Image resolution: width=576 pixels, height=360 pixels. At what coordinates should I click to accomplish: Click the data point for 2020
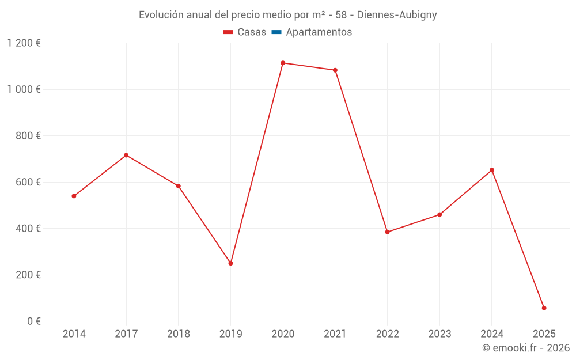283,63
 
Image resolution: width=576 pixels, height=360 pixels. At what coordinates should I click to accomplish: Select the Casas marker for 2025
544,308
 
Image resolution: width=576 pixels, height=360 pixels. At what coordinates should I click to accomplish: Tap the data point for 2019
230,263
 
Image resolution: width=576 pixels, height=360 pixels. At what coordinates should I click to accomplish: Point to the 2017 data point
126,156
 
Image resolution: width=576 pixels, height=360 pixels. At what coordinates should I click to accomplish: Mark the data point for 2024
492,170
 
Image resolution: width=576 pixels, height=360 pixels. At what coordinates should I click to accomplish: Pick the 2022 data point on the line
387,232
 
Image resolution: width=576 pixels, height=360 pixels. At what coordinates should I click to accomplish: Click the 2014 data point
74,196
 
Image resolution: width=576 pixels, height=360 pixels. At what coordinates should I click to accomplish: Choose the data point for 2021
335,70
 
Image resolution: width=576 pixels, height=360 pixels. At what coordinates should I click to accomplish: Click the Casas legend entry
245,32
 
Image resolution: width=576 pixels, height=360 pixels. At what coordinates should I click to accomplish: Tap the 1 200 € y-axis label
24,43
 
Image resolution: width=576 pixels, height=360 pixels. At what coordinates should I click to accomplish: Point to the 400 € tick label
27,229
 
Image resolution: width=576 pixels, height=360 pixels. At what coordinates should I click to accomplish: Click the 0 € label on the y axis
34,321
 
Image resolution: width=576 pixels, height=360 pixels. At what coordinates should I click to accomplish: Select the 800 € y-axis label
27,136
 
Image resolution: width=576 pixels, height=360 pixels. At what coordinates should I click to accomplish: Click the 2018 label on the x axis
179,334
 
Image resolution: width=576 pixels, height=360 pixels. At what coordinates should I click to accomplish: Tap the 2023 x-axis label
439,334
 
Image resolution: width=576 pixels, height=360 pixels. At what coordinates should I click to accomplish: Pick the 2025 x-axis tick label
544,334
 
